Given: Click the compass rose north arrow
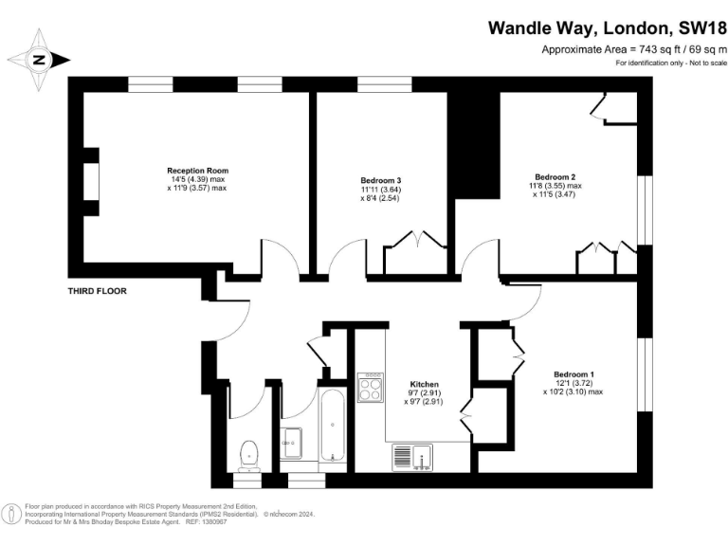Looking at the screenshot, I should point(40,60).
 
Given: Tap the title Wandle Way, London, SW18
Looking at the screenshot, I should point(601,28).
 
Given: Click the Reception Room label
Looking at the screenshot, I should point(198,171).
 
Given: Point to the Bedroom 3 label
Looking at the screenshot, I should point(381,180).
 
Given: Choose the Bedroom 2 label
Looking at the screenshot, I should point(555,176).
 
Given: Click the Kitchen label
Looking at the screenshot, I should point(423,384).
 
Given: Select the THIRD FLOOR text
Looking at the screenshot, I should point(97,291).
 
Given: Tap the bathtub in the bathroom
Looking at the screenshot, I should point(332,427).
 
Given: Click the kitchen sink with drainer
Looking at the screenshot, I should point(411,456).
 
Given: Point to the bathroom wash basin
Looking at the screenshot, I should point(292,439).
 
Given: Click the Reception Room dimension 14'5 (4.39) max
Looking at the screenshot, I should point(198,180).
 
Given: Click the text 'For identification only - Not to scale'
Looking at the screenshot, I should point(671,63).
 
